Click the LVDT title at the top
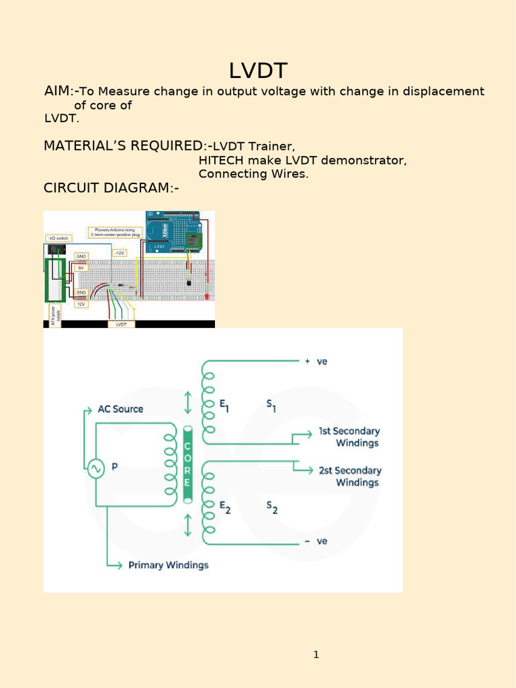(258, 71)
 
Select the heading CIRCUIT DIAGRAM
(111, 188)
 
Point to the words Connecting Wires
(253, 174)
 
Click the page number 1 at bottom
(316, 654)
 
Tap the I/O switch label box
(57, 238)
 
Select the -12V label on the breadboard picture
(119, 253)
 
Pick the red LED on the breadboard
(206, 295)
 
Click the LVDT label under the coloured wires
(121, 324)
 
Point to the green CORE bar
(187, 464)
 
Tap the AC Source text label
(120, 408)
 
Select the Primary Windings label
(168, 565)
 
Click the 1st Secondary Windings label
(348, 437)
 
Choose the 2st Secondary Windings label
(349, 476)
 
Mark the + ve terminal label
(316, 361)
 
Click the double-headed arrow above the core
(187, 403)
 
